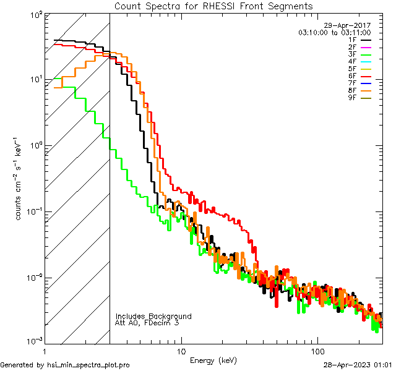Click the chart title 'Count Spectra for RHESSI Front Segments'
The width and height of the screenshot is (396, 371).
[213, 6]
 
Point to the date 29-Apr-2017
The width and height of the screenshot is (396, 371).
[350, 25]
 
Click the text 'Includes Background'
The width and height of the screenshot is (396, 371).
[153, 316]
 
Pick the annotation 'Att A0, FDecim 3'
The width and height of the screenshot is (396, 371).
[147, 323]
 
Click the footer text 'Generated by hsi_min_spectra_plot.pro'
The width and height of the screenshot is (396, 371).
[65, 365]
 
